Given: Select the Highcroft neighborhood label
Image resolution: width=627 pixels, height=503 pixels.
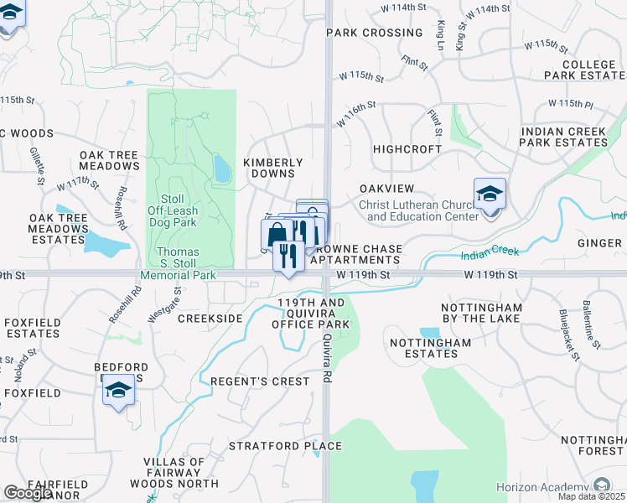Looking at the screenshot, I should pos(407,148).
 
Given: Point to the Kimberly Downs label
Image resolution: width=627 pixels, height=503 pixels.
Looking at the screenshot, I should pos(272,168).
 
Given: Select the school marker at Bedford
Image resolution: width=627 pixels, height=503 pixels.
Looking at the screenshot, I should pos(118,390).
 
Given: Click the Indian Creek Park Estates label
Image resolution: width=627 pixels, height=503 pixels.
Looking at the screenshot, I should pos(563,137).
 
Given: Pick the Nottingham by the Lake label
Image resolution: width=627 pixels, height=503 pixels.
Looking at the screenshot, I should pos(481,314).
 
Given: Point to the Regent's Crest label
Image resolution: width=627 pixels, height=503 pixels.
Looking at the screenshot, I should pos(259,381).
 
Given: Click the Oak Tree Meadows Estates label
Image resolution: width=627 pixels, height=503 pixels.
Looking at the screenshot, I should pos(58,228).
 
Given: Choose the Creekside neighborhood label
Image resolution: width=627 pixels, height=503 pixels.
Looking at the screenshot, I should pos(210,319).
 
